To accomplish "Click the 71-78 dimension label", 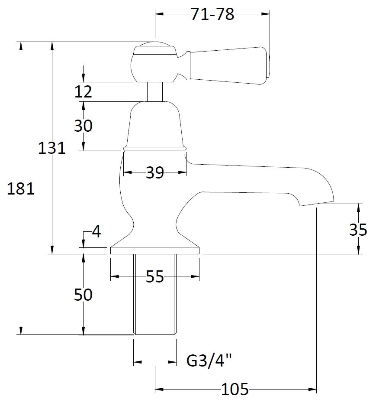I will [x=212, y=14].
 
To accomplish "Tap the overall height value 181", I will [x=20, y=189].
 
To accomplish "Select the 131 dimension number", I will [x=51, y=148].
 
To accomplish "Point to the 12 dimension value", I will [x=83, y=92].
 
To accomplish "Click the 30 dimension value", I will [x=83, y=126].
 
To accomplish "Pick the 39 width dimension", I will [x=154, y=173].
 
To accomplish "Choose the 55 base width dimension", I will [x=154, y=276].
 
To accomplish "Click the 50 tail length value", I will [x=83, y=295].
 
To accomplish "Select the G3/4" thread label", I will [x=209, y=360].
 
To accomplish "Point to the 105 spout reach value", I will [x=235, y=390].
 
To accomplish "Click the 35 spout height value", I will [x=358, y=230].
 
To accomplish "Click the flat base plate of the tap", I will [x=154, y=250].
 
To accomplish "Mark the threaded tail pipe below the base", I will [x=154, y=295].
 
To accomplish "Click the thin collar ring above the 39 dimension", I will [x=154, y=148].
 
